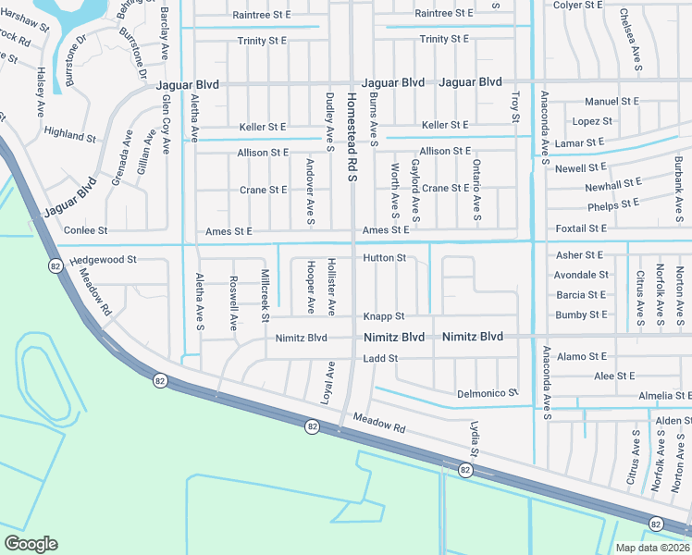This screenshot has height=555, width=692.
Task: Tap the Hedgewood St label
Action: click(x=103, y=261)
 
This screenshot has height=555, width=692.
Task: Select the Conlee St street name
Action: click(x=85, y=229)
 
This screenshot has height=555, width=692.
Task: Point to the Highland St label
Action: click(x=70, y=135)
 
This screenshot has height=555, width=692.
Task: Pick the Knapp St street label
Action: click(x=384, y=316)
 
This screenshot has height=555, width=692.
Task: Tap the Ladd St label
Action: click(x=380, y=358)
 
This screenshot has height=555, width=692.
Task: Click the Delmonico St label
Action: click(x=488, y=394)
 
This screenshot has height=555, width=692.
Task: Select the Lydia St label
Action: click(x=474, y=439)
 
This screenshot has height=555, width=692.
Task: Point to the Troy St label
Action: click(x=515, y=105)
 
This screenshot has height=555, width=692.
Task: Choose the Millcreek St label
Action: click(x=266, y=295)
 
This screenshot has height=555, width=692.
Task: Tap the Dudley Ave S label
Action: click(x=329, y=120)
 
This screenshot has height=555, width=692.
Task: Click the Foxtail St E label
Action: click(x=581, y=228)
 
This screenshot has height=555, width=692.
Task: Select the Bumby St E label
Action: click(x=581, y=315)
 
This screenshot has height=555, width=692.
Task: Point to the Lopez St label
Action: click(x=592, y=121)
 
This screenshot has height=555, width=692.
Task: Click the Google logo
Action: click(x=31, y=544)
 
